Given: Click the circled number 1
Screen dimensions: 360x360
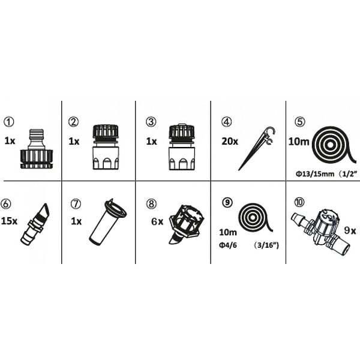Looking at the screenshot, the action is click(x=9, y=122).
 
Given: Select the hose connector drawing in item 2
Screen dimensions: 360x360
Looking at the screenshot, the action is click(x=106, y=147).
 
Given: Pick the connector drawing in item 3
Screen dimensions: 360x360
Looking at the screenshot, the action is click(x=182, y=147).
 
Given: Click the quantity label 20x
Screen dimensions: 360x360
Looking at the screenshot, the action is click(x=230, y=141).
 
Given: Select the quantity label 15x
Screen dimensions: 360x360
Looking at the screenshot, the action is click(x=9, y=221).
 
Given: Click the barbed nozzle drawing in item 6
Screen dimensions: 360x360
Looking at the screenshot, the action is click(x=35, y=224).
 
